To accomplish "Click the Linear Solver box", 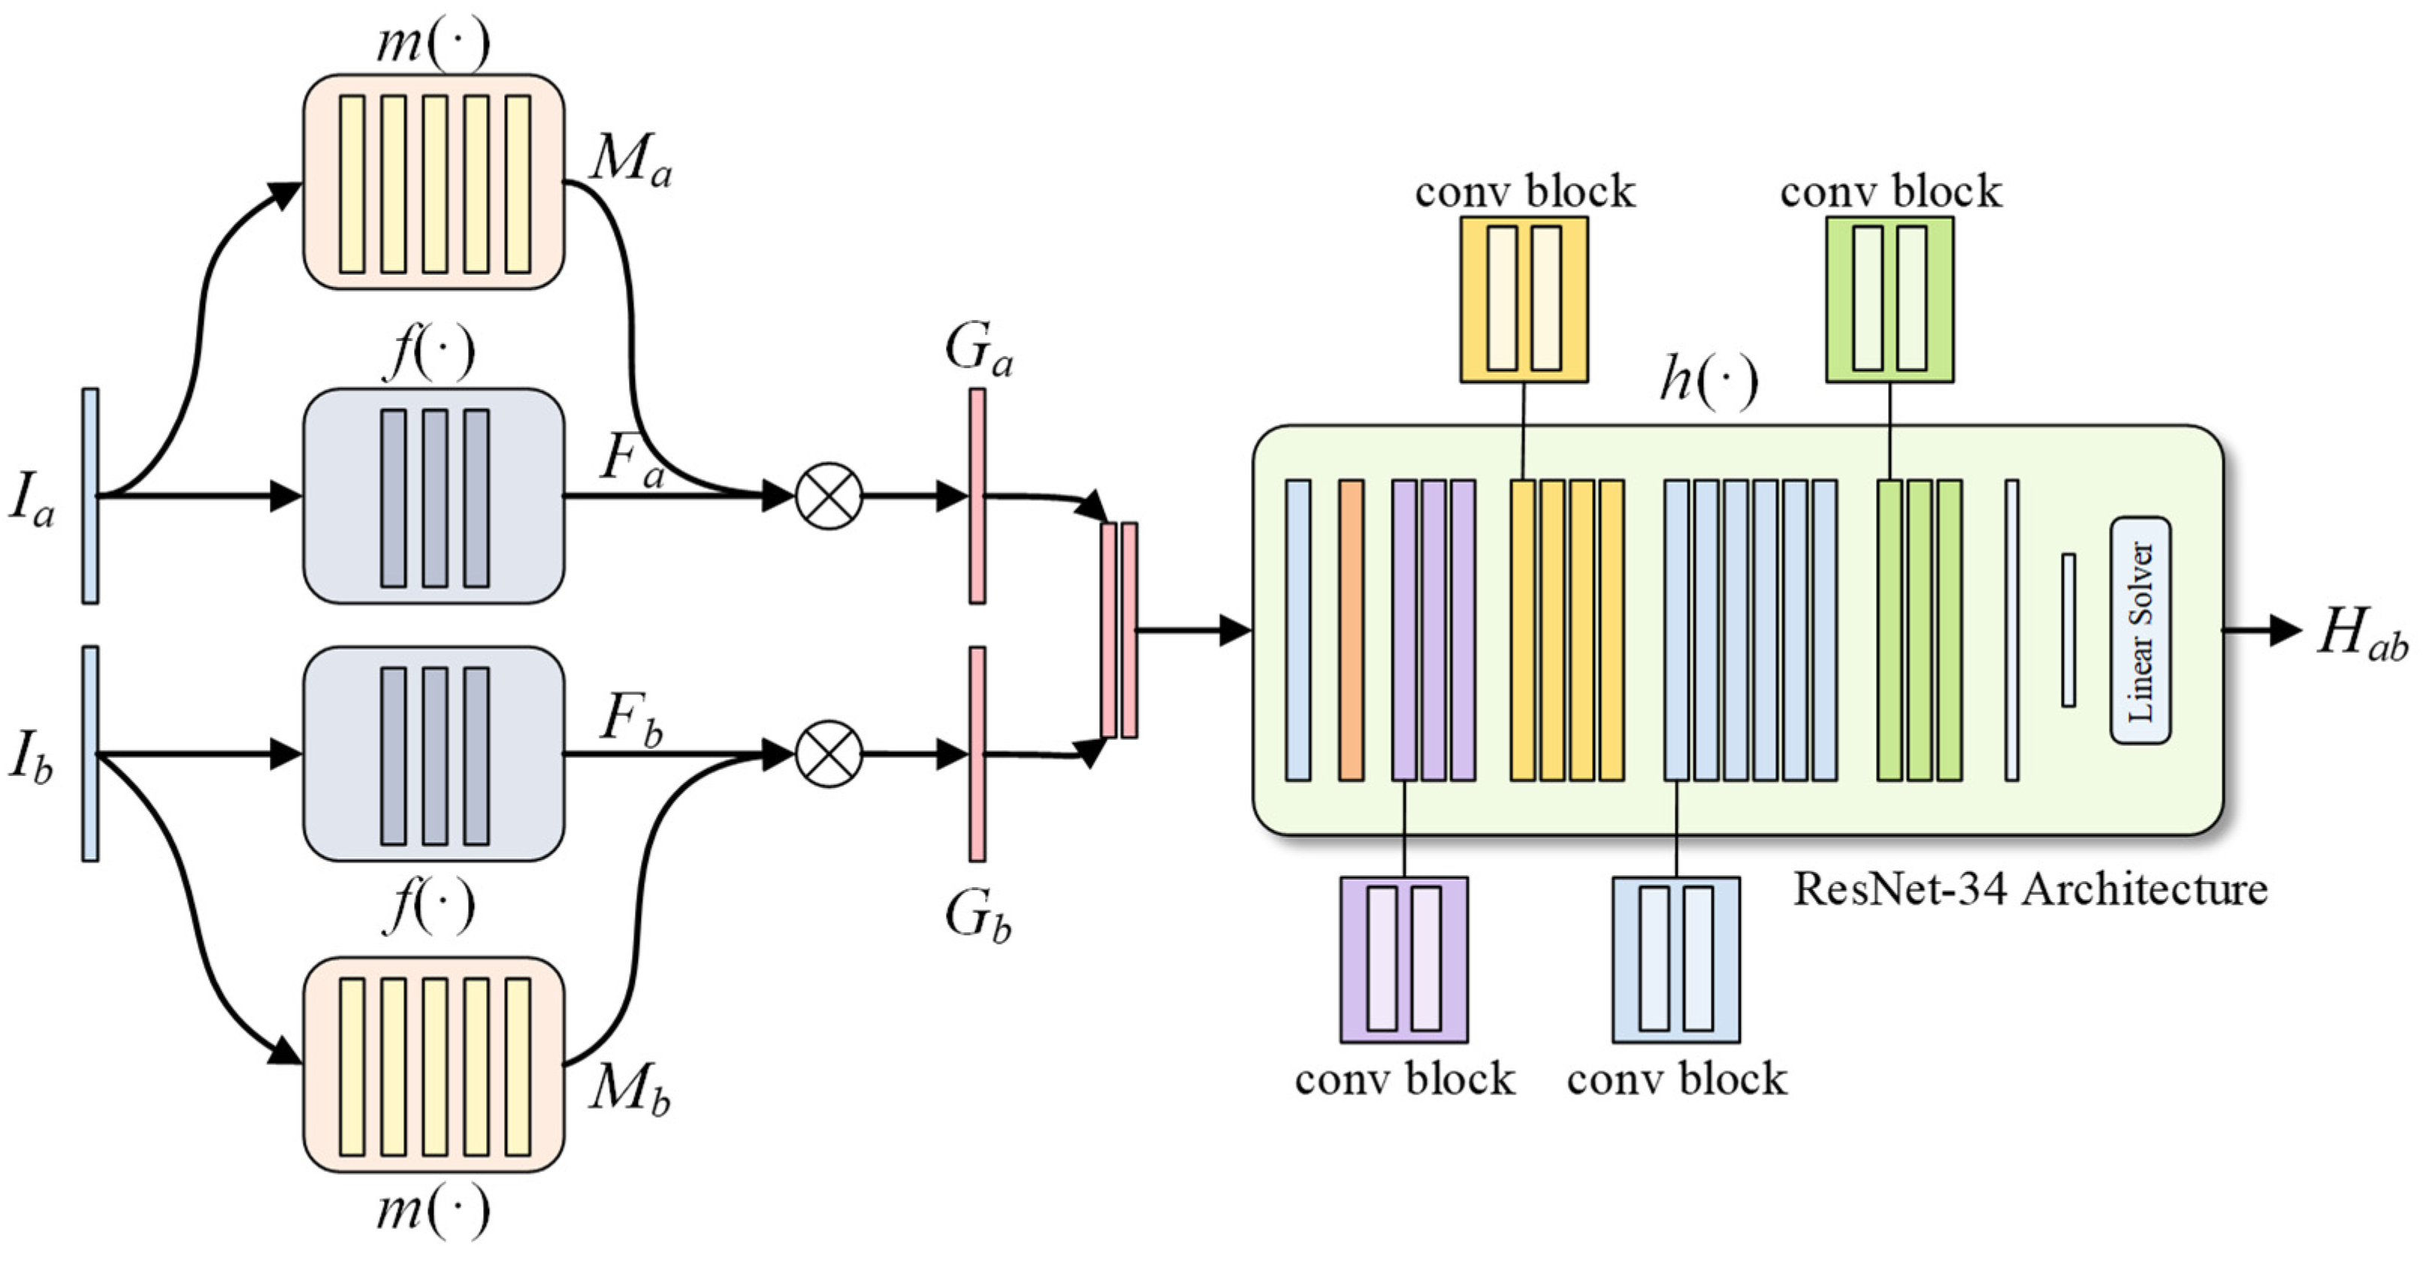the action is click(2140, 629).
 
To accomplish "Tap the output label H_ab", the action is click(2363, 633).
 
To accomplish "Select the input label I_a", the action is click(31, 498).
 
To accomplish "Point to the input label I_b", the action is click(31, 756).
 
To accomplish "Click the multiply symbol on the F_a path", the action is click(829, 496).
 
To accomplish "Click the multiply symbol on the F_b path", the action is click(829, 754).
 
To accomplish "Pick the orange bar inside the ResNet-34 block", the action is click(1351, 629).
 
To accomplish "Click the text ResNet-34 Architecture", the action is click(2029, 889).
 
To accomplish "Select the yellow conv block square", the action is click(1524, 300).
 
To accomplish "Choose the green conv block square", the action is click(1890, 300).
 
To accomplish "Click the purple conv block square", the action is click(1404, 959).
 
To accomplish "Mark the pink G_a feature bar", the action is click(977, 496).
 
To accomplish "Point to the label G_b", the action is click(977, 916).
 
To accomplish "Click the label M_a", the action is click(630, 160).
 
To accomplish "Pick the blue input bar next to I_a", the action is click(90, 496).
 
